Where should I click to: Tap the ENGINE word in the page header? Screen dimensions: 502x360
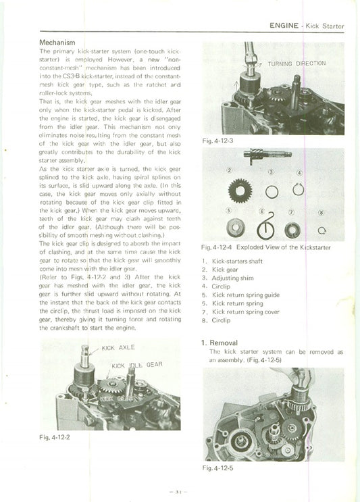pos(284,26)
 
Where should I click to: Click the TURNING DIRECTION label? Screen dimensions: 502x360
pos(297,64)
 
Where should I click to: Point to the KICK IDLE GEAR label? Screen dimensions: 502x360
pos(137,366)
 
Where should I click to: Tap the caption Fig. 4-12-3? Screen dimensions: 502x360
pos(217,141)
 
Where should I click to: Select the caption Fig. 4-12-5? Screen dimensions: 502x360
pos(217,467)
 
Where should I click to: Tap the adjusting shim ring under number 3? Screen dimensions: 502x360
pos(270,192)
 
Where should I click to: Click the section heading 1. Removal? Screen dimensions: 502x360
pos(219,343)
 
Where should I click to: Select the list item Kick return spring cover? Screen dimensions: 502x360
pos(246,312)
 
